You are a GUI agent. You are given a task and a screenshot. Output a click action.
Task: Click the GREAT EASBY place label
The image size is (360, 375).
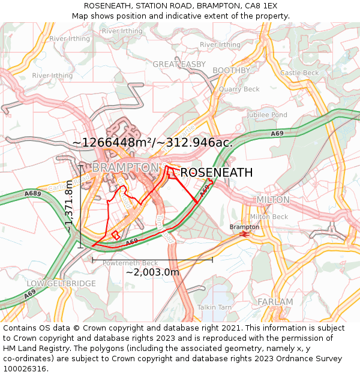coord(179,64)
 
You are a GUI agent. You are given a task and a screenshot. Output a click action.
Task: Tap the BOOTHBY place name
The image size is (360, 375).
coord(231,70)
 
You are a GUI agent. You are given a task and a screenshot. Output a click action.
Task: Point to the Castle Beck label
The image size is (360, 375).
coord(299,73)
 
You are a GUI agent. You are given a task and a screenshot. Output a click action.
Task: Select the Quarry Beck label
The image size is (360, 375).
coord(239,89)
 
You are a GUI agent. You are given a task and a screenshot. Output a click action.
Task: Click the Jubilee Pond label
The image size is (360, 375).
coord(267,115)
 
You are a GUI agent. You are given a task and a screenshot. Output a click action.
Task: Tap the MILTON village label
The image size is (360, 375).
coord(272,199)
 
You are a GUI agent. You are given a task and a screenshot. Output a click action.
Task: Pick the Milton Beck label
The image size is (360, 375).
coord(269,217)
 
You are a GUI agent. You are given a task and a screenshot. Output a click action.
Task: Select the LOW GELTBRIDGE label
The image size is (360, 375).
coord(61,283)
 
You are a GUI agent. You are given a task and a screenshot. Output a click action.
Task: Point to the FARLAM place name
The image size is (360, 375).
coord(275,302)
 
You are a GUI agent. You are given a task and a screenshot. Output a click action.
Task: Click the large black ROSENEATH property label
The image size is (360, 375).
coord(216,173)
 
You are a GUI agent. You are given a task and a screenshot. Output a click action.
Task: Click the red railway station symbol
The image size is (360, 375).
coord(244,235)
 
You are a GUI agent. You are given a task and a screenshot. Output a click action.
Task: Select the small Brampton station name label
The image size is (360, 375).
coord(244,227)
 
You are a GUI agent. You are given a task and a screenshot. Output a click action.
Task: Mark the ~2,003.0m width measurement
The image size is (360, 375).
coord(152,272)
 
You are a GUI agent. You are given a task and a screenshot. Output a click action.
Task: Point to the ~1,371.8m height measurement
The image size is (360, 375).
coord(70,206)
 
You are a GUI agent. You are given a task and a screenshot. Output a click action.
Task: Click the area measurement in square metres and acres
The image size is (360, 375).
coord(152,142)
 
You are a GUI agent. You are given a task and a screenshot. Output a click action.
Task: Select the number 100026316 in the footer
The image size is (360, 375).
coord(26,369)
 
